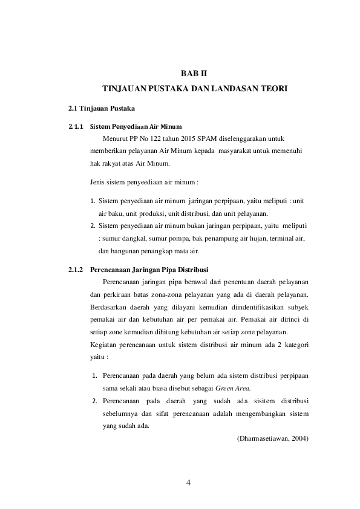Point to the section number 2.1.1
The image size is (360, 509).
pos(75,128)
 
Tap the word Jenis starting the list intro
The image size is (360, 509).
pos(97,181)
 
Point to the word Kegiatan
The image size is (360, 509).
pos(102,345)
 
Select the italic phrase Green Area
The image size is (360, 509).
pos(233,387)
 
